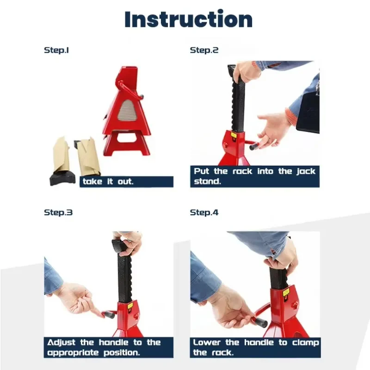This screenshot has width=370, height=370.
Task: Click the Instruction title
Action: pos(189,19)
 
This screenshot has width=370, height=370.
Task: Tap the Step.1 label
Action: pos(56,50)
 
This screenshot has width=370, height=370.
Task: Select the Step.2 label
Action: pos(204,50)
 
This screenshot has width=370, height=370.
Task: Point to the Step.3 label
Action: pos(58,213)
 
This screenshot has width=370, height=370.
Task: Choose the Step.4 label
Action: pos(204,213)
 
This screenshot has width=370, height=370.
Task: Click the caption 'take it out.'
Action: pos(108,181)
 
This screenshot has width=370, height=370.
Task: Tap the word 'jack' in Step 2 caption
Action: pos(306,171)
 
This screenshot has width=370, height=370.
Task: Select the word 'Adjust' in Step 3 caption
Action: pos(61,343)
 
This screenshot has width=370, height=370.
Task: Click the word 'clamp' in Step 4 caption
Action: pos(306,343)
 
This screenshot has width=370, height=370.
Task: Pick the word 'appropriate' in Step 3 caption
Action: pos(73,353)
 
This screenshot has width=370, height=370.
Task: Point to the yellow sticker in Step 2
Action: pos(234,135)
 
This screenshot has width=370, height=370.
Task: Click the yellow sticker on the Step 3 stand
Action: pos(130,306)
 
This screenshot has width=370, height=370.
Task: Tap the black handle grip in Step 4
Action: pos(260,322)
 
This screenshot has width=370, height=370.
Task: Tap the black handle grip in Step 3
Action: pos(110,314)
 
